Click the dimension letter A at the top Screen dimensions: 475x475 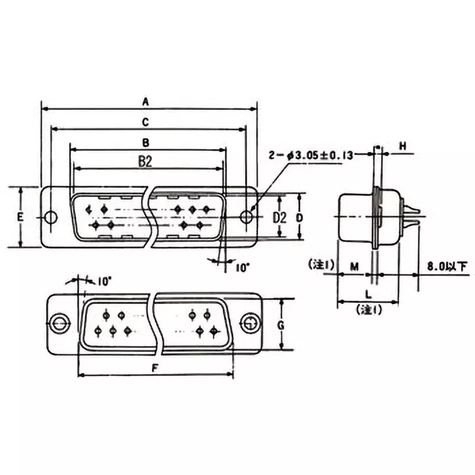point(145,102)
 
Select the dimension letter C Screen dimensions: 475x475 point(145,122)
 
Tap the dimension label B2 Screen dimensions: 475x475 point(145,161)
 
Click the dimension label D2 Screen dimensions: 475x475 point(279,217)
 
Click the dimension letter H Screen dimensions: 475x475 point(403,146)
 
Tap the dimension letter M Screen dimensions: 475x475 point(354,267)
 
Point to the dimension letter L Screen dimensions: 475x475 point(368,294)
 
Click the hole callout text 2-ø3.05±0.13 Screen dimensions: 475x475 point(311,156)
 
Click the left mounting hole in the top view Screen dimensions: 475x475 point(52,217)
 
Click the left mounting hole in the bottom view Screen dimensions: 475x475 point(59,324)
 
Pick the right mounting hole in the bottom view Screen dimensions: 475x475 point(249,324)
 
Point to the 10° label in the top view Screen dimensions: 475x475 point(242,268)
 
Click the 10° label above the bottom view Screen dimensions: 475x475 point(104,281)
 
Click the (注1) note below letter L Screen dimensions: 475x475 point(368,309)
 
